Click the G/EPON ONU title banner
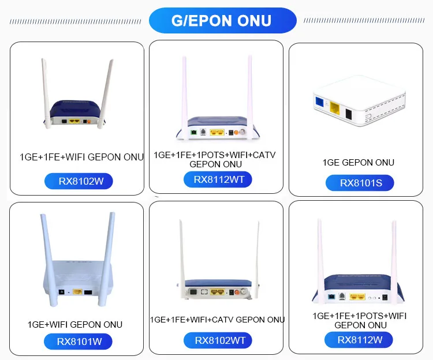[x=222, y=21]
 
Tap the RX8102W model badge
[x=78, y=181]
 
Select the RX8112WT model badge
[x=218, y=179]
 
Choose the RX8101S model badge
[x=359, y=183]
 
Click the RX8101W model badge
[x=79, y=342]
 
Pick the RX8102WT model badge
[x=219, y=340]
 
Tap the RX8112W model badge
[x=360, y=340]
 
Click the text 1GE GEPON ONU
[x=358, y=163]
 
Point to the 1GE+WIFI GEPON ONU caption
[x=75, y=324]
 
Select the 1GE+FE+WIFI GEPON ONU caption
[x=81, y=157]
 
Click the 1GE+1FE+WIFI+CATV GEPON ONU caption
[x=217, y=320]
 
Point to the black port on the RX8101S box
[x=348, y=112]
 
